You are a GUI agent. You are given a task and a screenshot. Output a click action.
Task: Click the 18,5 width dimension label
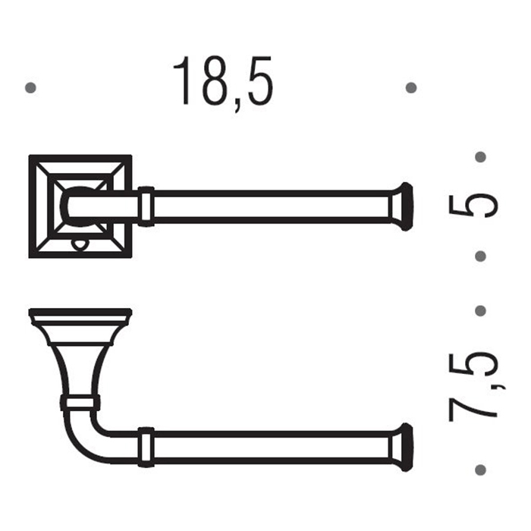[x=222, y=82]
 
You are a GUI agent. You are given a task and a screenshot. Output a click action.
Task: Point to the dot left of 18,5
[x=30, y=88]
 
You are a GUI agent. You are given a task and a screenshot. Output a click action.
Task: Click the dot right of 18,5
[x=411, y=88]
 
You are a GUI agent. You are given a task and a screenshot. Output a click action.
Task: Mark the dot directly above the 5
[x=479, y=157]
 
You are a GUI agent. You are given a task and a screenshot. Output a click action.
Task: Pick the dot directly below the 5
[x=479, y=256]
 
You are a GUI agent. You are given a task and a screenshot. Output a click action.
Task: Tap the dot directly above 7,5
[x=479, y=310]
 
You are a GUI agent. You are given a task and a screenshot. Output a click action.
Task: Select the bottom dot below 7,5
[x=479, y=470]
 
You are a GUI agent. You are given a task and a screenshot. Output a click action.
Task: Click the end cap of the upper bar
[x=404, y=206]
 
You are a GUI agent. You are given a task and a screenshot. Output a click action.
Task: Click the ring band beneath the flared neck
[x=80, y=401]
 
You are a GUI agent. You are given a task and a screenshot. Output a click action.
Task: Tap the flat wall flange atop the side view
[x=80, y=313]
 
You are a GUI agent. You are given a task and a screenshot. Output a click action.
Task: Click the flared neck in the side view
[x=80, y=357]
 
